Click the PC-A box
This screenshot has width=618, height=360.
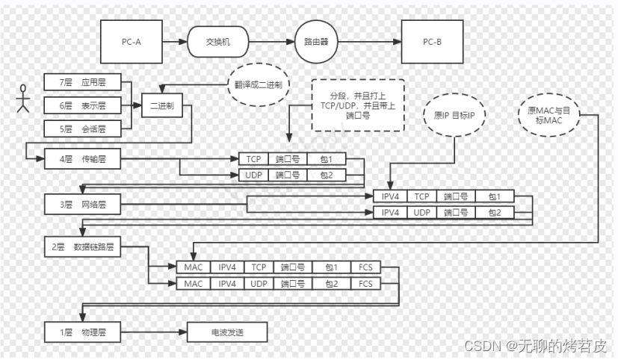[x=131, y=40]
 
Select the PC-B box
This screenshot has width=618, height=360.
[x=433, y=40]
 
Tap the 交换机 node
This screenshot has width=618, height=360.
[x=217, y=40]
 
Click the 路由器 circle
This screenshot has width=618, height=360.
[x=313, y=40]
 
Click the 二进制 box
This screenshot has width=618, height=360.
[x=162, y=107]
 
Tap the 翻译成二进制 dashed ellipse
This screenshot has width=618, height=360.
[x=257, y=84]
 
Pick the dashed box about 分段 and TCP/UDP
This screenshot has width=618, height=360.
[x=357, y=104]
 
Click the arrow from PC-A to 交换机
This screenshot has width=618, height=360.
[x=173, y=40]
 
